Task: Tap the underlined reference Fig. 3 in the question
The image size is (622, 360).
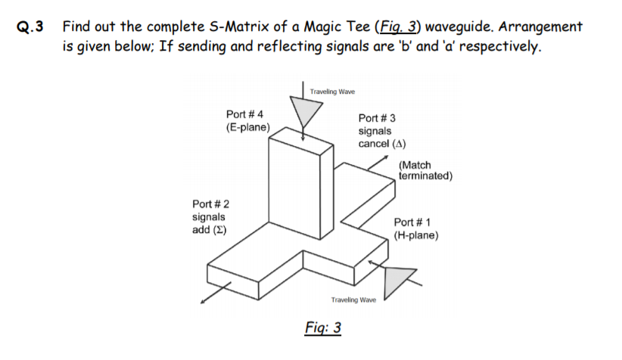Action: click(x=397, y=28)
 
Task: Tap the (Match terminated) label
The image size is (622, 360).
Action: click(x=425, y=171)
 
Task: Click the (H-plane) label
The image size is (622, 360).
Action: click(x=416, y=235)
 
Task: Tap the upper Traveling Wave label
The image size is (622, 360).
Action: click(x=332, y=92)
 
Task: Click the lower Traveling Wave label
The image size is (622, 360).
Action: click(x=353, y=299)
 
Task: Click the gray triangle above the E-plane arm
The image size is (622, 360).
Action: click(x=306, y=113)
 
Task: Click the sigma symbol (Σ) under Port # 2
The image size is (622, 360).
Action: click(x=223, y=229)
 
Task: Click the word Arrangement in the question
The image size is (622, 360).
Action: click(x=544, y=28)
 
